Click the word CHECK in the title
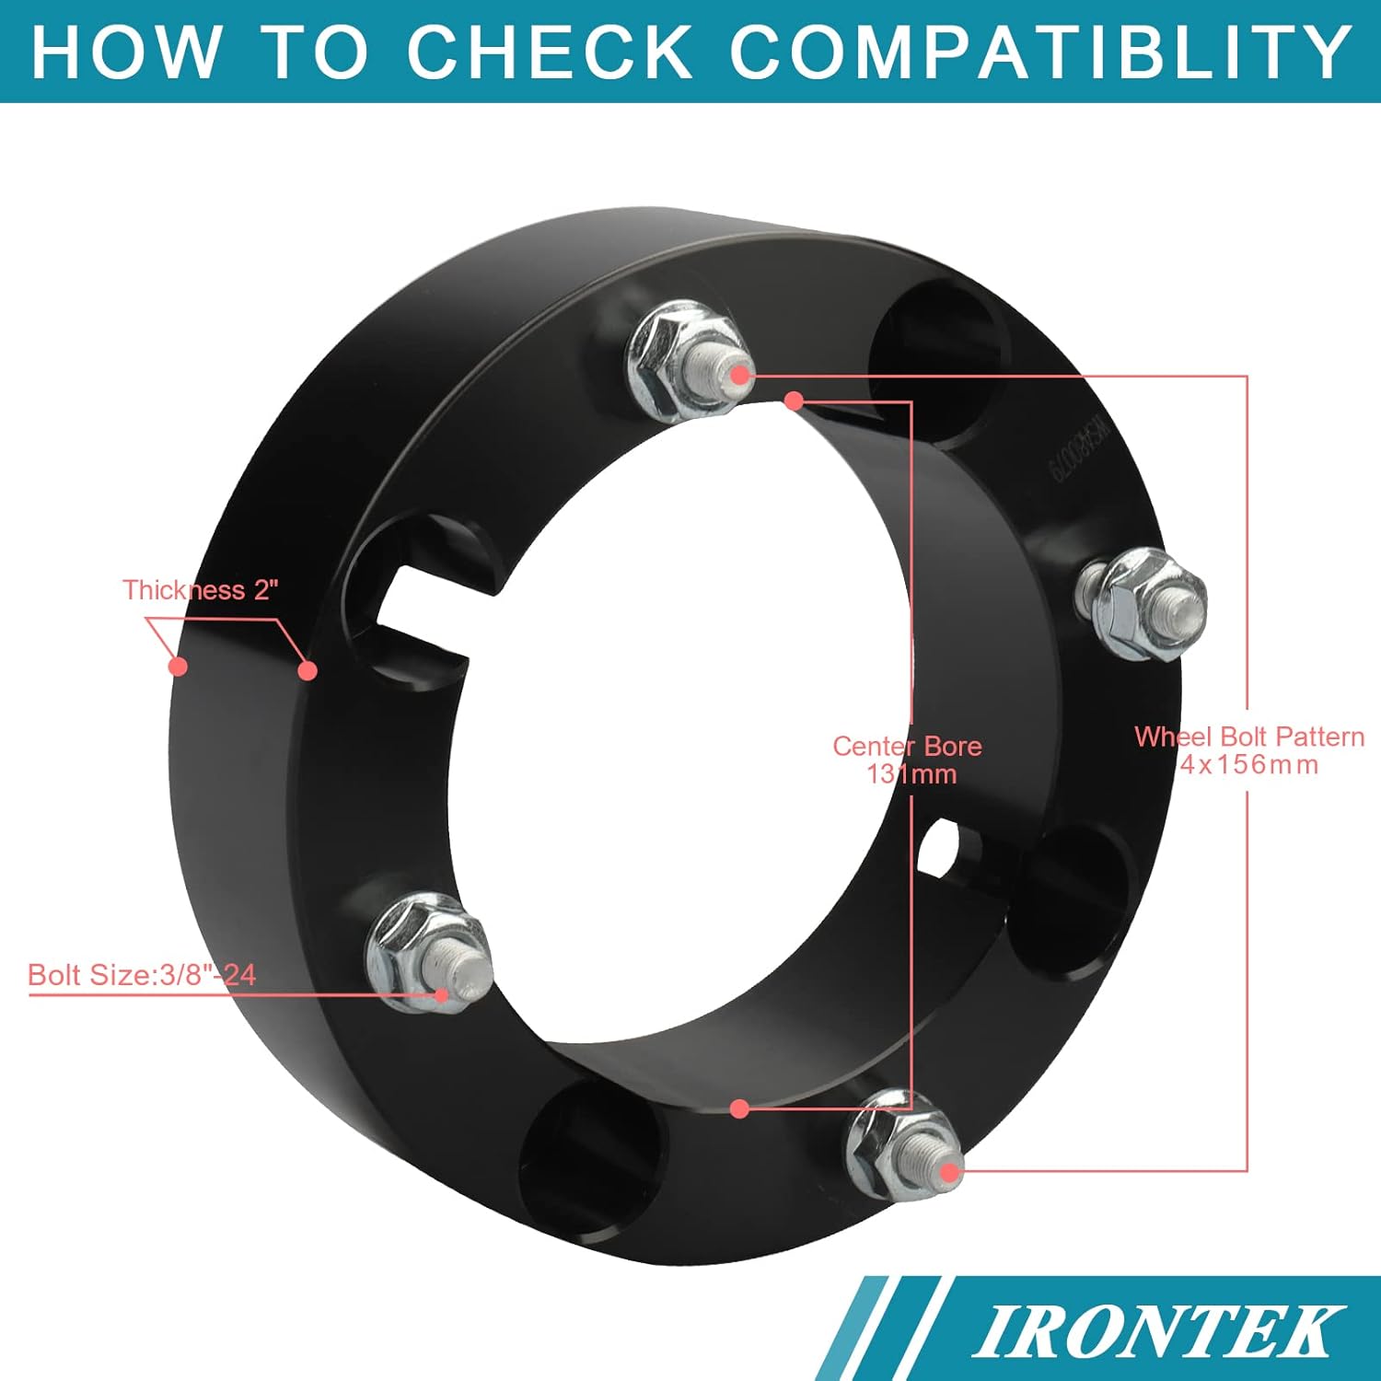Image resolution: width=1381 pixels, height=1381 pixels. coord(550,51)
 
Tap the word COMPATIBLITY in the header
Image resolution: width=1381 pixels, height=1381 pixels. coord(1040,51)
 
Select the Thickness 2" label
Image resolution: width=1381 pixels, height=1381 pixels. coord(201,590)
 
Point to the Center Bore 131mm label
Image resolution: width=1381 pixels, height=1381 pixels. coord(908,760)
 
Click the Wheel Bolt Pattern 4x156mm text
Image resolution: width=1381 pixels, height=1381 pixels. coord(1249,750)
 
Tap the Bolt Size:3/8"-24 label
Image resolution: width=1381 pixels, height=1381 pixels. coord(142,975)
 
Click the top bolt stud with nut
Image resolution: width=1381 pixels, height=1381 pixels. coord(686,362)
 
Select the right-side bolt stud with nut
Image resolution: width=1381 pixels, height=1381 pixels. coord(1143,604)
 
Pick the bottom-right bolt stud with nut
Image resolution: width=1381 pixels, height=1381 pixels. coord(905,1144)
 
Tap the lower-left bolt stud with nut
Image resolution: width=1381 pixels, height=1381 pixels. coord(428,953)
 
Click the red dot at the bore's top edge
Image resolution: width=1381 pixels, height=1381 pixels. coord(795,400)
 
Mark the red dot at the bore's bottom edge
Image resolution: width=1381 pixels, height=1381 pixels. coord(738,1108)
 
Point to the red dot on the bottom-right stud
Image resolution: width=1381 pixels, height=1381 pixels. coord(949,1172)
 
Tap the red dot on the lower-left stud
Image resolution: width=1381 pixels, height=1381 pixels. coord(442,994)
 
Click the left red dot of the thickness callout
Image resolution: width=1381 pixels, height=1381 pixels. coord(179,665)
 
